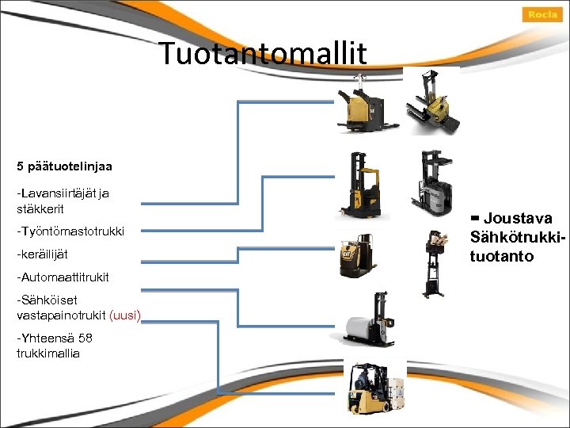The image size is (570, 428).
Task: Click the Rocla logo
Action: click(542, 14)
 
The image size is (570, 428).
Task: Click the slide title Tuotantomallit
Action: click(264, 53)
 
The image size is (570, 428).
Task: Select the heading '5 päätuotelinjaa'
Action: click(64, 166)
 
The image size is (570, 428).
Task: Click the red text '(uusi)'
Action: click(126, 315)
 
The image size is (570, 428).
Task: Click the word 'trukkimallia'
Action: click(48, 353)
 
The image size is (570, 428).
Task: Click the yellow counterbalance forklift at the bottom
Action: click(368, 388)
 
